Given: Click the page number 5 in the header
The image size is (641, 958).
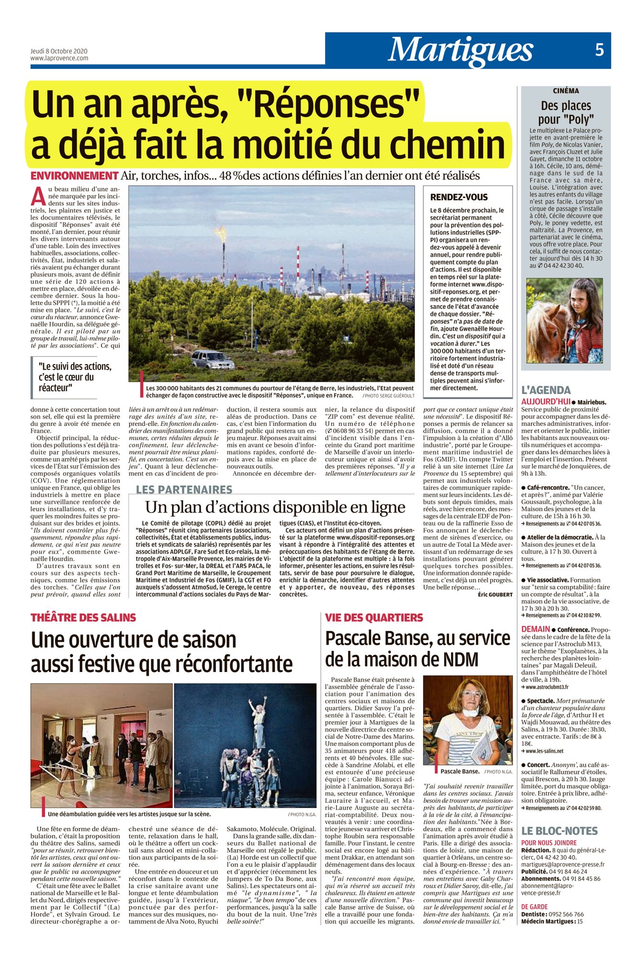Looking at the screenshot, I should pyautogui.click(x=599, y=50).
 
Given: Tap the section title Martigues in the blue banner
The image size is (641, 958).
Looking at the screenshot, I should pyautogui.click(x=461, y=50).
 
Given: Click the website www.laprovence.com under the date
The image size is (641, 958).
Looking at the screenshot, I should pyautogui.click(x=59, y=58).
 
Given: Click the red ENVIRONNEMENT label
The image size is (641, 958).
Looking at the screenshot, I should pyautogui.click(x=74, y=176).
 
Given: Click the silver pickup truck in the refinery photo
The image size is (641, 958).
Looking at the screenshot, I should pyautogui.click(x=213, y=359).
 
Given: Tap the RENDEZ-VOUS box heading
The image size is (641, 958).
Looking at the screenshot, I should pyautogui.click(x=459, y=197).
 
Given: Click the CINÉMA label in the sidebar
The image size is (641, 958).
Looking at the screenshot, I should pyautogui.click(x=566, y=91).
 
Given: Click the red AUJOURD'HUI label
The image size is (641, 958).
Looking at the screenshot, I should pyautogui.click(x=546, y=402).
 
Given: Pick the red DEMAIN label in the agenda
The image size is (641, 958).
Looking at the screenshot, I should pyautogui.click(x=536, y=629).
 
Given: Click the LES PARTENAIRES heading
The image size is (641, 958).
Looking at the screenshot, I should pyautogui.click(x=184, y=490).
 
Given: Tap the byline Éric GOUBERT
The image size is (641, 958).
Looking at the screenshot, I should pyautogui.click(x=495, y=594).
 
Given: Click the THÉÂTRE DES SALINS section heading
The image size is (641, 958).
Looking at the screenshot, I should pyautogui.click(x=83, y=617).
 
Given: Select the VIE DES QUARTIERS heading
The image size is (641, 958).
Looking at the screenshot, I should pyautogui.click(x=374, y=617).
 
